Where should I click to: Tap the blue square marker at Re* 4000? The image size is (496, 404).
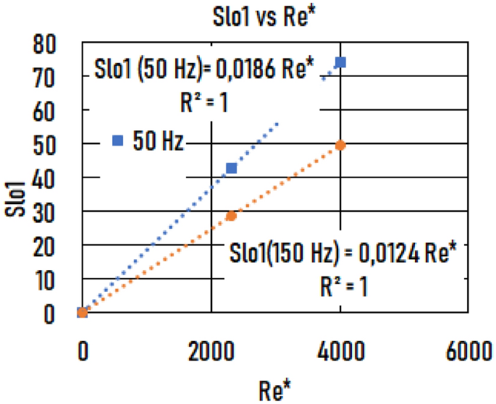[x=340, y=62]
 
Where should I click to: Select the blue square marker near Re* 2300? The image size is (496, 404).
[x=232, y=168]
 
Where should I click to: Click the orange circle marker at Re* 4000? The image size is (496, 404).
[x=340, y=146]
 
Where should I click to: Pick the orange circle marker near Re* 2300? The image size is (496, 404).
[x=232, y=216]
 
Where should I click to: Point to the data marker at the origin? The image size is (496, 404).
[x=83, y=313]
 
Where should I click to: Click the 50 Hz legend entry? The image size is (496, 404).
[x=149, y=141]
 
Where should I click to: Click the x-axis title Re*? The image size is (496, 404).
[x=276, y=390]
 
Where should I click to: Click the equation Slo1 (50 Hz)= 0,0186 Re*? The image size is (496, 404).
[x=205, y=71]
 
